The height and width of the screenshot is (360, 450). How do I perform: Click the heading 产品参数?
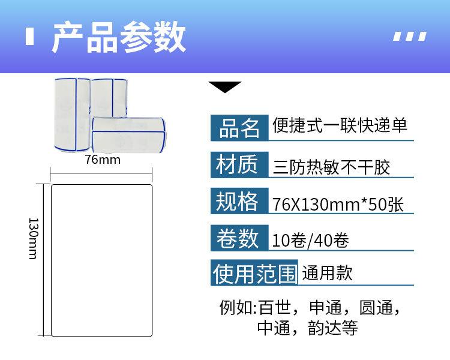tap(118, 38)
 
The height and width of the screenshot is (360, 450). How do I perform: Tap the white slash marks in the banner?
tap(410, 36)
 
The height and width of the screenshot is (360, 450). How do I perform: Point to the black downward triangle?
tap(224, 87)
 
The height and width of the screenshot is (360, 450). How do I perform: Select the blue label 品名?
tap(239, 127)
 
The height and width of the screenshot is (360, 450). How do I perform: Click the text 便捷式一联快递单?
tap(340, 125)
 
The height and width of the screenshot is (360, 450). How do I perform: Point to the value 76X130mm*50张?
tap(338, 204)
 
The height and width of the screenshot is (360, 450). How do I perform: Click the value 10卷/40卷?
tap(310, 241)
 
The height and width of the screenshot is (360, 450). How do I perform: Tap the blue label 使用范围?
tap(255, 274)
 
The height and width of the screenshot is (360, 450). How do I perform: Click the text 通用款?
tap(327, 274)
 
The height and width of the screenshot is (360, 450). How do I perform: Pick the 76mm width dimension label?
tap(102, 160)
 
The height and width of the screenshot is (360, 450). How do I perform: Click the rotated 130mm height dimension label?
tap(33, 238)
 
